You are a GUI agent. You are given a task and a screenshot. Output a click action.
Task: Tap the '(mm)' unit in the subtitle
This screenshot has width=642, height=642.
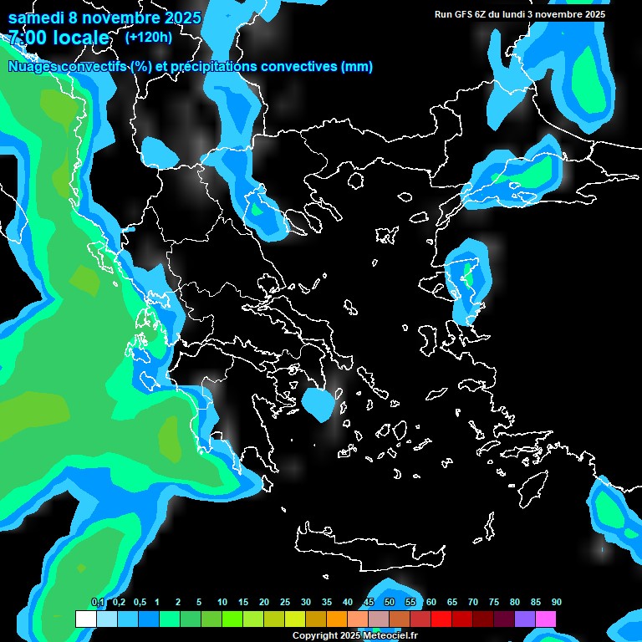[x=357, y=67]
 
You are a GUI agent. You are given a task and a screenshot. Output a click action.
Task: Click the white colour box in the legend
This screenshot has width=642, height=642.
[x=85, y=619]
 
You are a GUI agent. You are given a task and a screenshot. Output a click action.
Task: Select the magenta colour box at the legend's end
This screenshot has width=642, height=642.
[x=546, y=619]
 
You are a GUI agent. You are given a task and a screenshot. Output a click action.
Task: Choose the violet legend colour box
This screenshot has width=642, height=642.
[x=525, y=619]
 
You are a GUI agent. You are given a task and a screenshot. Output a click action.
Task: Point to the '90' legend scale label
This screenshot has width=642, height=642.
[x=556, y=602]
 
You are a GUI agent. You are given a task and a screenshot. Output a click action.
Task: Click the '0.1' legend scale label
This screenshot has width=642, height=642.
[x=97, y=602]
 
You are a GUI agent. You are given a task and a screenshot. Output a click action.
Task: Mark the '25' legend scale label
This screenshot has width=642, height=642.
[x=285, y=602]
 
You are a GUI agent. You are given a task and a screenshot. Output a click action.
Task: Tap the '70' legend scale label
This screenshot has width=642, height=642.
[x=472, y=602]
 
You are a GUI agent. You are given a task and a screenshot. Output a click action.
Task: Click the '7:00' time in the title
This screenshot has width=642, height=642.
[x=27, y=38]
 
